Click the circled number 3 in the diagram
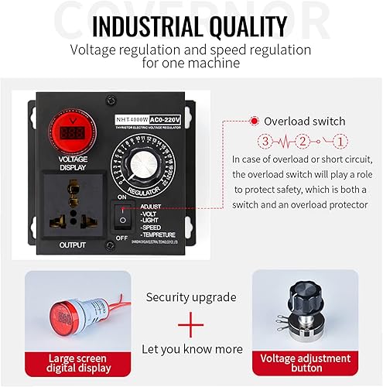pyautogui.click(x=265, y=142)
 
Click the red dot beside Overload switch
pyautogui.click(x=254, y=122)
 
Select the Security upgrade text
pyautogui.click(x=190, y=296)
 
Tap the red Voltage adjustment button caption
pyautogui.click(x=305, y=364)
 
